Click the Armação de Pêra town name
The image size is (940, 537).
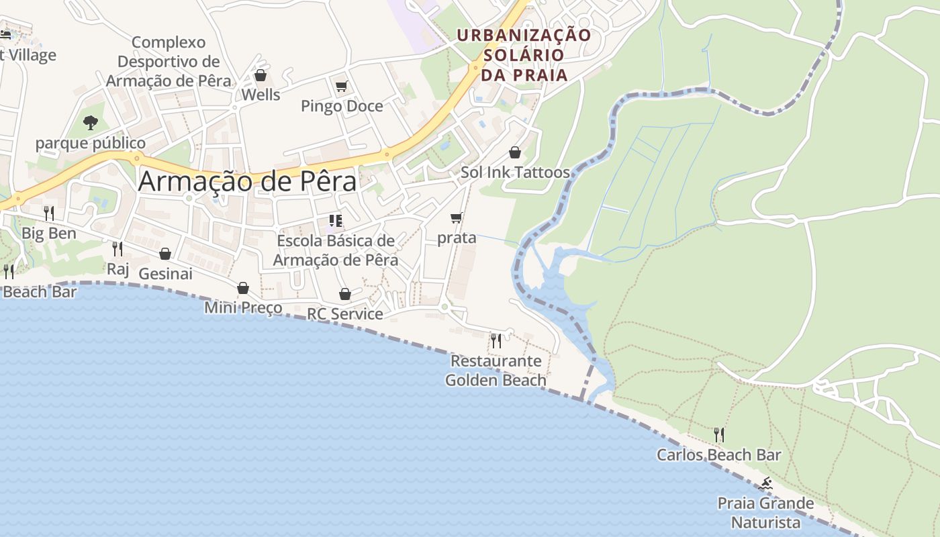click(247, 182)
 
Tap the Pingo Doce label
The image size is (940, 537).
click(342, 106)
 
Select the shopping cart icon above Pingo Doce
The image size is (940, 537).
click(341, 86)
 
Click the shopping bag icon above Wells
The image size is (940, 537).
click(261, 75)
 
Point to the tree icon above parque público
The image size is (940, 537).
click(91, 123)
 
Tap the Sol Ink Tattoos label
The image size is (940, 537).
click(515, 173)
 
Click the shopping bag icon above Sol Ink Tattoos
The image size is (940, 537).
click(515, 152)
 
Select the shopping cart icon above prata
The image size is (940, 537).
click(457, 217)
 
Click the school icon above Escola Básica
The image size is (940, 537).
click(336, 220)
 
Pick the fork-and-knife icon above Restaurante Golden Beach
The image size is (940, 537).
click(496, 340)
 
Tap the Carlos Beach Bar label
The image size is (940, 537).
click(718, 455)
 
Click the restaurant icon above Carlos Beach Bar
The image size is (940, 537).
click(719, 435)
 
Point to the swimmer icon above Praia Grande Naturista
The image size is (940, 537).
click(765, 483)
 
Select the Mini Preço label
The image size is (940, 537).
click(243, 308)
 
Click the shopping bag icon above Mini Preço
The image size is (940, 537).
click(243, 288)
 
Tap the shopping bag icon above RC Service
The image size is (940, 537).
click(345, 294)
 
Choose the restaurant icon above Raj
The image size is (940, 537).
click(117, 249)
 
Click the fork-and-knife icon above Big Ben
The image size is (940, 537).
click(49, 213)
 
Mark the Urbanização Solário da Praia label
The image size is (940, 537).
click(524, 54)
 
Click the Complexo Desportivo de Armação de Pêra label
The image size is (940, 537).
click(169, 61)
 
